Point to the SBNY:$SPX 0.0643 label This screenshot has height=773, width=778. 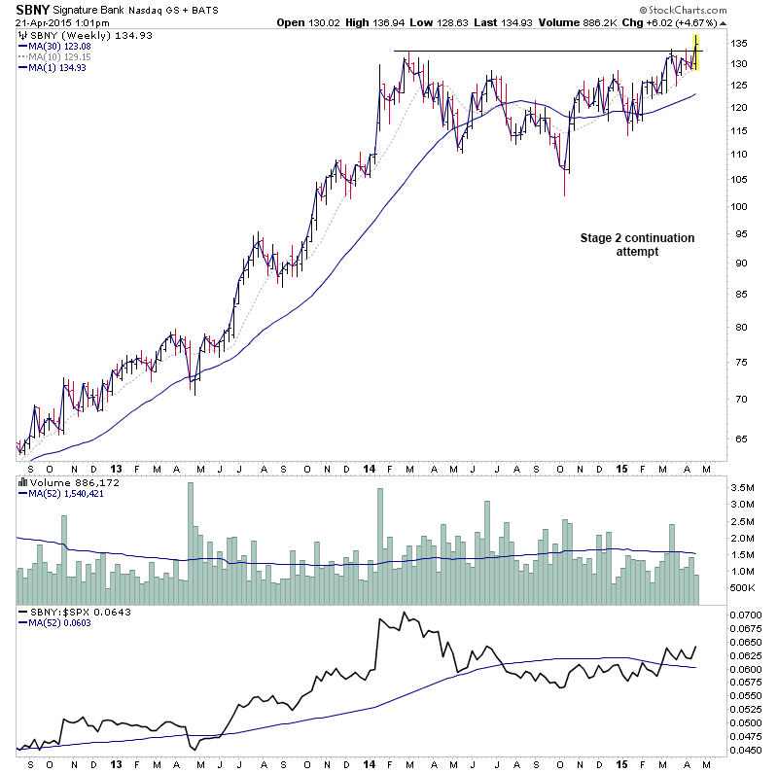71,612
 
